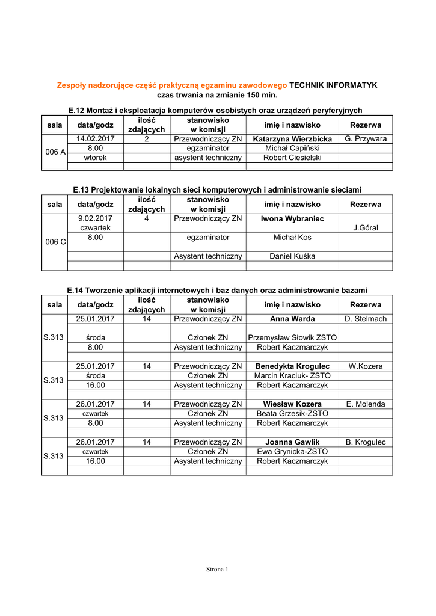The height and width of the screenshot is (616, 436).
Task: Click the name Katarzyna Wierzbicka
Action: coord(292,139)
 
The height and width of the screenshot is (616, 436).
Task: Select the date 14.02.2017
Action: coord(95,139)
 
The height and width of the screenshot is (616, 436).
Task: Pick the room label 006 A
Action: coord(55,152)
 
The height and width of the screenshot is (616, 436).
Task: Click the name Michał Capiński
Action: coord(292,148)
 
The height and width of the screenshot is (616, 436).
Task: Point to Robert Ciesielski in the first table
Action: coord(292,158)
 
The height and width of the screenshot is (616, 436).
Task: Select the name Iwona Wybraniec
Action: coord(292,219)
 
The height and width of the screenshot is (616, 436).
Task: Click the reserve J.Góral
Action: coord(365,228)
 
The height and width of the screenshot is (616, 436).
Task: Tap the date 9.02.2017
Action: coord(95,219)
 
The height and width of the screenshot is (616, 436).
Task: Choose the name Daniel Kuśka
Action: coord(292,256)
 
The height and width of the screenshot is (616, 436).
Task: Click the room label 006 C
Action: coord(55,242)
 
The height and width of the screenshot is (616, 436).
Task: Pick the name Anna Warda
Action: coord(292,319)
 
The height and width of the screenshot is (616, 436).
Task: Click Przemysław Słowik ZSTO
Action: coord(292,338)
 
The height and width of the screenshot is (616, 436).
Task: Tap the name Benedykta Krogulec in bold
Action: coord(292,366)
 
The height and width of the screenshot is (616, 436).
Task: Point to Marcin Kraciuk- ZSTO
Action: coord(292,376)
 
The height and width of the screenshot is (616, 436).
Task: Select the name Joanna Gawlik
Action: coord(292,442)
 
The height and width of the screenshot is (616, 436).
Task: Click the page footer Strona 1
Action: coord(218,569)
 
